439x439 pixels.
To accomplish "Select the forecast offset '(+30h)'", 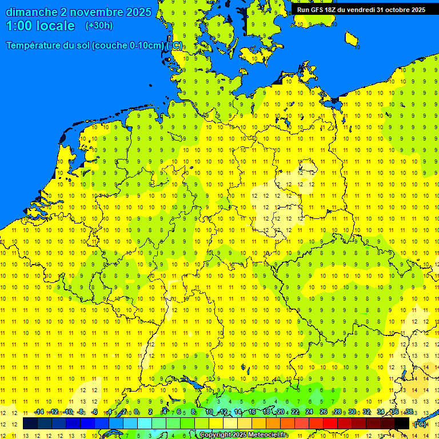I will click(99, 26).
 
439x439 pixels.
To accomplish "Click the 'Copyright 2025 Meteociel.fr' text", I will click(244, 435).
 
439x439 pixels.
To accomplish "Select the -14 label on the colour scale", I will click(39, 412).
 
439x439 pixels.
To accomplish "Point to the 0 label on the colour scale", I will click(136, 412).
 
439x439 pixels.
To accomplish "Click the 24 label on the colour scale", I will click(309, 412).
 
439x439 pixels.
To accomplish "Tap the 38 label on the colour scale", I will click(409, 412).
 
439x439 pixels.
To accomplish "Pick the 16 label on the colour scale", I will click(252, 412).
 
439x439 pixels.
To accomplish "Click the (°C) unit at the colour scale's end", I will click(420, 424).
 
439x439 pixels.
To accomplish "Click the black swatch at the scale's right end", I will click(402, 424).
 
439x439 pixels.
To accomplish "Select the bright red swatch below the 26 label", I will click(330, 424).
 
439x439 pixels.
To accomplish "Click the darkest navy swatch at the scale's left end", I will click(30, 424).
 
